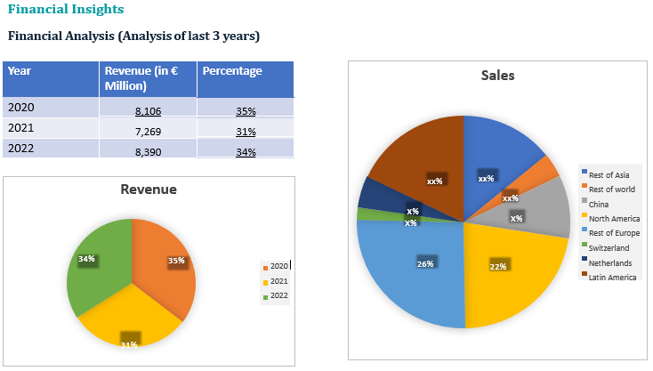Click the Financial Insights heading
(66, 10)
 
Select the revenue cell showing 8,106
(149, 111)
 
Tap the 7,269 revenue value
(149, 132)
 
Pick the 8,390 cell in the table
(149, 152)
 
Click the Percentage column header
(232, 71)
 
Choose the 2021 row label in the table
(20, 128)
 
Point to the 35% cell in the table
(246, 111)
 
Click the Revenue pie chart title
(149, 190)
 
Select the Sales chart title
(497, 76)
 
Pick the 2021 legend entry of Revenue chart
(278, 281)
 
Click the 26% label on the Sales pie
(425, 263)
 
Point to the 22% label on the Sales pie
(497, 266)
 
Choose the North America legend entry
(614, 219)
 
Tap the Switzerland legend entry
(609, 247)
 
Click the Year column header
(19, 71)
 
